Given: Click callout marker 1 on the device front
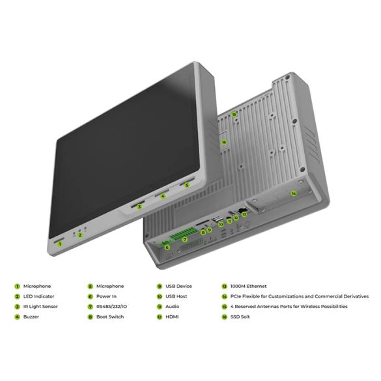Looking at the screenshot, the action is pyautogui.click(x=60, y=244).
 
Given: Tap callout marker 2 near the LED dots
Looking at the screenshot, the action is pyautogui.click(x=80, y=235).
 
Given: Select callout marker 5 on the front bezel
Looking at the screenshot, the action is pyautogui.click(x=187, y=185).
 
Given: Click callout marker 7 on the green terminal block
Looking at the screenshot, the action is pyautogui.click(x=185, y=240).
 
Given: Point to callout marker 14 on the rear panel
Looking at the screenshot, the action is pyautogui.click(x=294, y=193).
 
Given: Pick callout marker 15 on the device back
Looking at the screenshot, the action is pyautogui.click(x=234, y=114).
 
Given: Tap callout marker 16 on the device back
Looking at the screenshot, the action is pyautogui.click(x=224, y=142).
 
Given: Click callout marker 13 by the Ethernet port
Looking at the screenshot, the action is pyautogui.click(x=244, y=214).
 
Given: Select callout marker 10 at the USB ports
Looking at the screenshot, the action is pyautogui.click(x=221, y=224).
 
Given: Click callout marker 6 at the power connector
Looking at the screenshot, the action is pyautogui.click(x=167, y=247).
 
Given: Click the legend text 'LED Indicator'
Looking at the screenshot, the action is pyautogui.click(x=38, y=296).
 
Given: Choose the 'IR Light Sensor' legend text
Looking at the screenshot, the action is pyautogui.click(x=40, y=307).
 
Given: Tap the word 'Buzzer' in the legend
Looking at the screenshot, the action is pyautogui.click(x=31, y=317).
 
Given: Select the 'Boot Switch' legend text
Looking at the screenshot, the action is pyautogui.click(x=110, y=317).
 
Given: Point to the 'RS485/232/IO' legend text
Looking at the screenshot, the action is pyautogui.click(x=111, y=307).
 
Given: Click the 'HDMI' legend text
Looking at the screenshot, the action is pyautogui.click(x=172, y=317).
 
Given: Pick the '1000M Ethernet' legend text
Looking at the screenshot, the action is pyautogui.click(x=248, y=286).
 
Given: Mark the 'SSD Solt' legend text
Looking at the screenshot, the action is pyautogui.click(x=240, y=317).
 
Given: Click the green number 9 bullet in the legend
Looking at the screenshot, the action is pyautogui.click(x=160, y=287).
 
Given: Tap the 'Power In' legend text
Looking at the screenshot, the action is pyautogui.click(x=106, y=296).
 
